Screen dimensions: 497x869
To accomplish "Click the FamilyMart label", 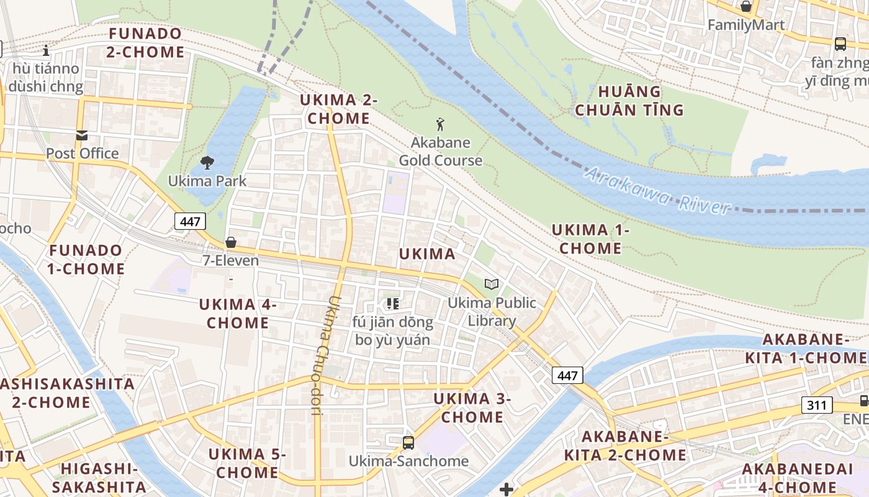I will coord(746,25).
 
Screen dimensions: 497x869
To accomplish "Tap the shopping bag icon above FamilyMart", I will coord(746,7).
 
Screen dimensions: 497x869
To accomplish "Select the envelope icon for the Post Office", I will coord(82,135).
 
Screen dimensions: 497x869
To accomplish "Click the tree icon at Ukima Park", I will coord(207,163).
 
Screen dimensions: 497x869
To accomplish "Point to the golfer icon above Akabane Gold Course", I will coord(440,124).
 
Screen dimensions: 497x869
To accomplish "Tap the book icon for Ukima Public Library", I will coord(492,284).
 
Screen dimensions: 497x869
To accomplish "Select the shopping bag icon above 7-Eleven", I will coord(231,242).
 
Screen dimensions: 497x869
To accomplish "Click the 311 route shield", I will coord(817,405).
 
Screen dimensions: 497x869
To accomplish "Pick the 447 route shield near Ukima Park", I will coord(190,221).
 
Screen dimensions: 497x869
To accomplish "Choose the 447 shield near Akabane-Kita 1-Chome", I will coord(567,375).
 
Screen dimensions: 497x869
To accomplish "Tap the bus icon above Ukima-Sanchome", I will coord(408,442).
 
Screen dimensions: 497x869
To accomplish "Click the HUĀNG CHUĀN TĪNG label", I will coord(629,101).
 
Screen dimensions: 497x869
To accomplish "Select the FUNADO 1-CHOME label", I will coord(87,260).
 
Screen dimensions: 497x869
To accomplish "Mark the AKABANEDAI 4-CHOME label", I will coord(798,478).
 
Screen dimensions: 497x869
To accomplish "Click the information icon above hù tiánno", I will coord(45,50).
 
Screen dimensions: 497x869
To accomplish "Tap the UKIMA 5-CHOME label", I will coord(247,463).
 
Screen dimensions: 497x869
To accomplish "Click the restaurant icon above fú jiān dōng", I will coord(392,303).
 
